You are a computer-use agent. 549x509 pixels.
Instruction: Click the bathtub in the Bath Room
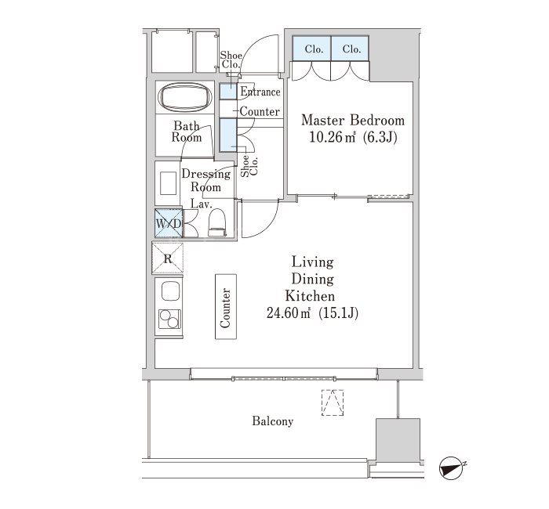[185, 97]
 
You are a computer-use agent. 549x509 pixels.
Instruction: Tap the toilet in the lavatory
[217, 222]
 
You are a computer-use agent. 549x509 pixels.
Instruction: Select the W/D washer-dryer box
[169, 223]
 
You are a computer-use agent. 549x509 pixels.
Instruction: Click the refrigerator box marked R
[168, 258]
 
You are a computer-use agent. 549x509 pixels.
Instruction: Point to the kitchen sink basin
[171, 291]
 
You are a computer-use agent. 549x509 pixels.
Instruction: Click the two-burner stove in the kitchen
[169, 319]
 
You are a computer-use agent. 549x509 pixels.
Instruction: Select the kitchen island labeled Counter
[226, 307]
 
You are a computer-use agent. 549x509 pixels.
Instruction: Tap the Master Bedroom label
[353, 121]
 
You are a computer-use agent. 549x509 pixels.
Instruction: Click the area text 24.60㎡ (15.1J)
[312, 313]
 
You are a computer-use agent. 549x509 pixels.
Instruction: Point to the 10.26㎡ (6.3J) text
[353, 137]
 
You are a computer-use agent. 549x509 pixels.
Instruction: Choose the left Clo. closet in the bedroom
[311, 49]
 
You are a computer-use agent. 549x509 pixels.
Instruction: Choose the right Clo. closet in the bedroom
[350, 49]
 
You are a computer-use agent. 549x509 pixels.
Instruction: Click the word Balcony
[273, 421]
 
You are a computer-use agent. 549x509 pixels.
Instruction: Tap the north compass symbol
[451, 468]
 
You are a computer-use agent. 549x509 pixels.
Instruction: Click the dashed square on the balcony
[333, 403]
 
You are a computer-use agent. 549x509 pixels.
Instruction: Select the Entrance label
[260, 92]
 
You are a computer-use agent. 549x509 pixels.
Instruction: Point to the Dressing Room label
[205, 180]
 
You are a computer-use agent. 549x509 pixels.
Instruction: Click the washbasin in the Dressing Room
[168, 183]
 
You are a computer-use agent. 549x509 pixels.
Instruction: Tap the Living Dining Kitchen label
[311, 279]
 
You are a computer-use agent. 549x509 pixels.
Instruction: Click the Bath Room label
[187, 132]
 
